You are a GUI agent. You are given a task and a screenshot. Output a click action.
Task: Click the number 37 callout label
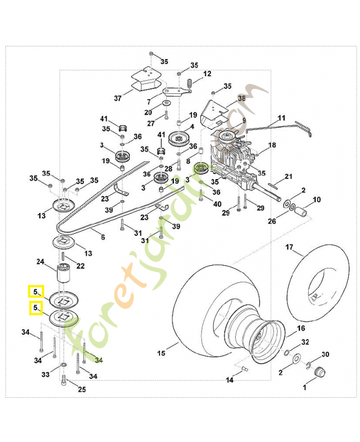[x=117, y=98]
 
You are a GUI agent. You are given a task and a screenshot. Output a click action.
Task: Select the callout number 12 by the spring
[x=207, y=73]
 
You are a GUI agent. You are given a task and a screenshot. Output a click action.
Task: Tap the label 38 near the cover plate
[x=241, y=98]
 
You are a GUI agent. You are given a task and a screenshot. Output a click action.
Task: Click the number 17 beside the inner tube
[x=289, y=248]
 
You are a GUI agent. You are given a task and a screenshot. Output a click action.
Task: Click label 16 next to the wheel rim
[x=301, y=328]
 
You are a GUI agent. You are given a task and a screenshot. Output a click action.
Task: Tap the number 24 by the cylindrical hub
[x=40, y=261]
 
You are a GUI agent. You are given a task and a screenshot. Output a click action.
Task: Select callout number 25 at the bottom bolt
[x=82, y=390]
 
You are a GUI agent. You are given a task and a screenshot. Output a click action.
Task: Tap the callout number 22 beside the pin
[x=81, y=266]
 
